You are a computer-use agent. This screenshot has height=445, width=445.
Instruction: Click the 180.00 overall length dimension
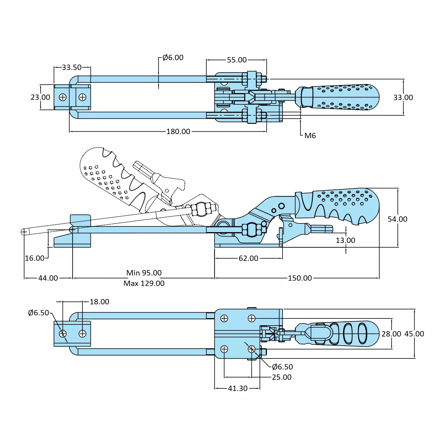click(178, 131)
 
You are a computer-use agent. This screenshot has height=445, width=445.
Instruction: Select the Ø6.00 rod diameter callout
click(173, 58)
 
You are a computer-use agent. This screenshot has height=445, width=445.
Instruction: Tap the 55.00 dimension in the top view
click(237, 60)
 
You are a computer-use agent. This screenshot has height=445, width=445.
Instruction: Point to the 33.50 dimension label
click(72, 67)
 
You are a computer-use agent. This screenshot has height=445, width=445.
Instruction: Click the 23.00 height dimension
click(40, 97)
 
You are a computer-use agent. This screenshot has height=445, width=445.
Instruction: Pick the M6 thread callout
click(310, 136)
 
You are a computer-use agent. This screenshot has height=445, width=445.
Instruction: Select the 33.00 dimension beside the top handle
click(403, 98)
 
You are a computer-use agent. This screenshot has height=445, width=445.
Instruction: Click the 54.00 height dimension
click(397, 219)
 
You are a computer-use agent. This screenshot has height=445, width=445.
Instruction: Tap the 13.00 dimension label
click(345, 240)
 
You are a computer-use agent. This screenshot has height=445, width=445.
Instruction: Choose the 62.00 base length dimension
click(248, 258)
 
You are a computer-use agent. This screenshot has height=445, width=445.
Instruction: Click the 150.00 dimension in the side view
click(300, 278)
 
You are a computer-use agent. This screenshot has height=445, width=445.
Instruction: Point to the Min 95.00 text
click(144, 273)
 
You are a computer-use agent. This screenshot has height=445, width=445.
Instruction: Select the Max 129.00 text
click(144, 283)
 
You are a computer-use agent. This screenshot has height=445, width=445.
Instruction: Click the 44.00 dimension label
click(48, 278)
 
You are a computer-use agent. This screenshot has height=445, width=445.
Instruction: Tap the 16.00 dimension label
click(34, 258)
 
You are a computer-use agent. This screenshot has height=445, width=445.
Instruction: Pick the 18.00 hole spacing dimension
click(99, 302)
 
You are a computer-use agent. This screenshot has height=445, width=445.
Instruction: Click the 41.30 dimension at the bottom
click(237, 388)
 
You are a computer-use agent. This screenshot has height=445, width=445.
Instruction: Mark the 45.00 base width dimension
click(414, 334)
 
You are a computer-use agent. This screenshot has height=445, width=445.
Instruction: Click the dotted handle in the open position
click(110, 175)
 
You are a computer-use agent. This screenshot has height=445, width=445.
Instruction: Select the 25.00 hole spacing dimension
click(282, 377)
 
